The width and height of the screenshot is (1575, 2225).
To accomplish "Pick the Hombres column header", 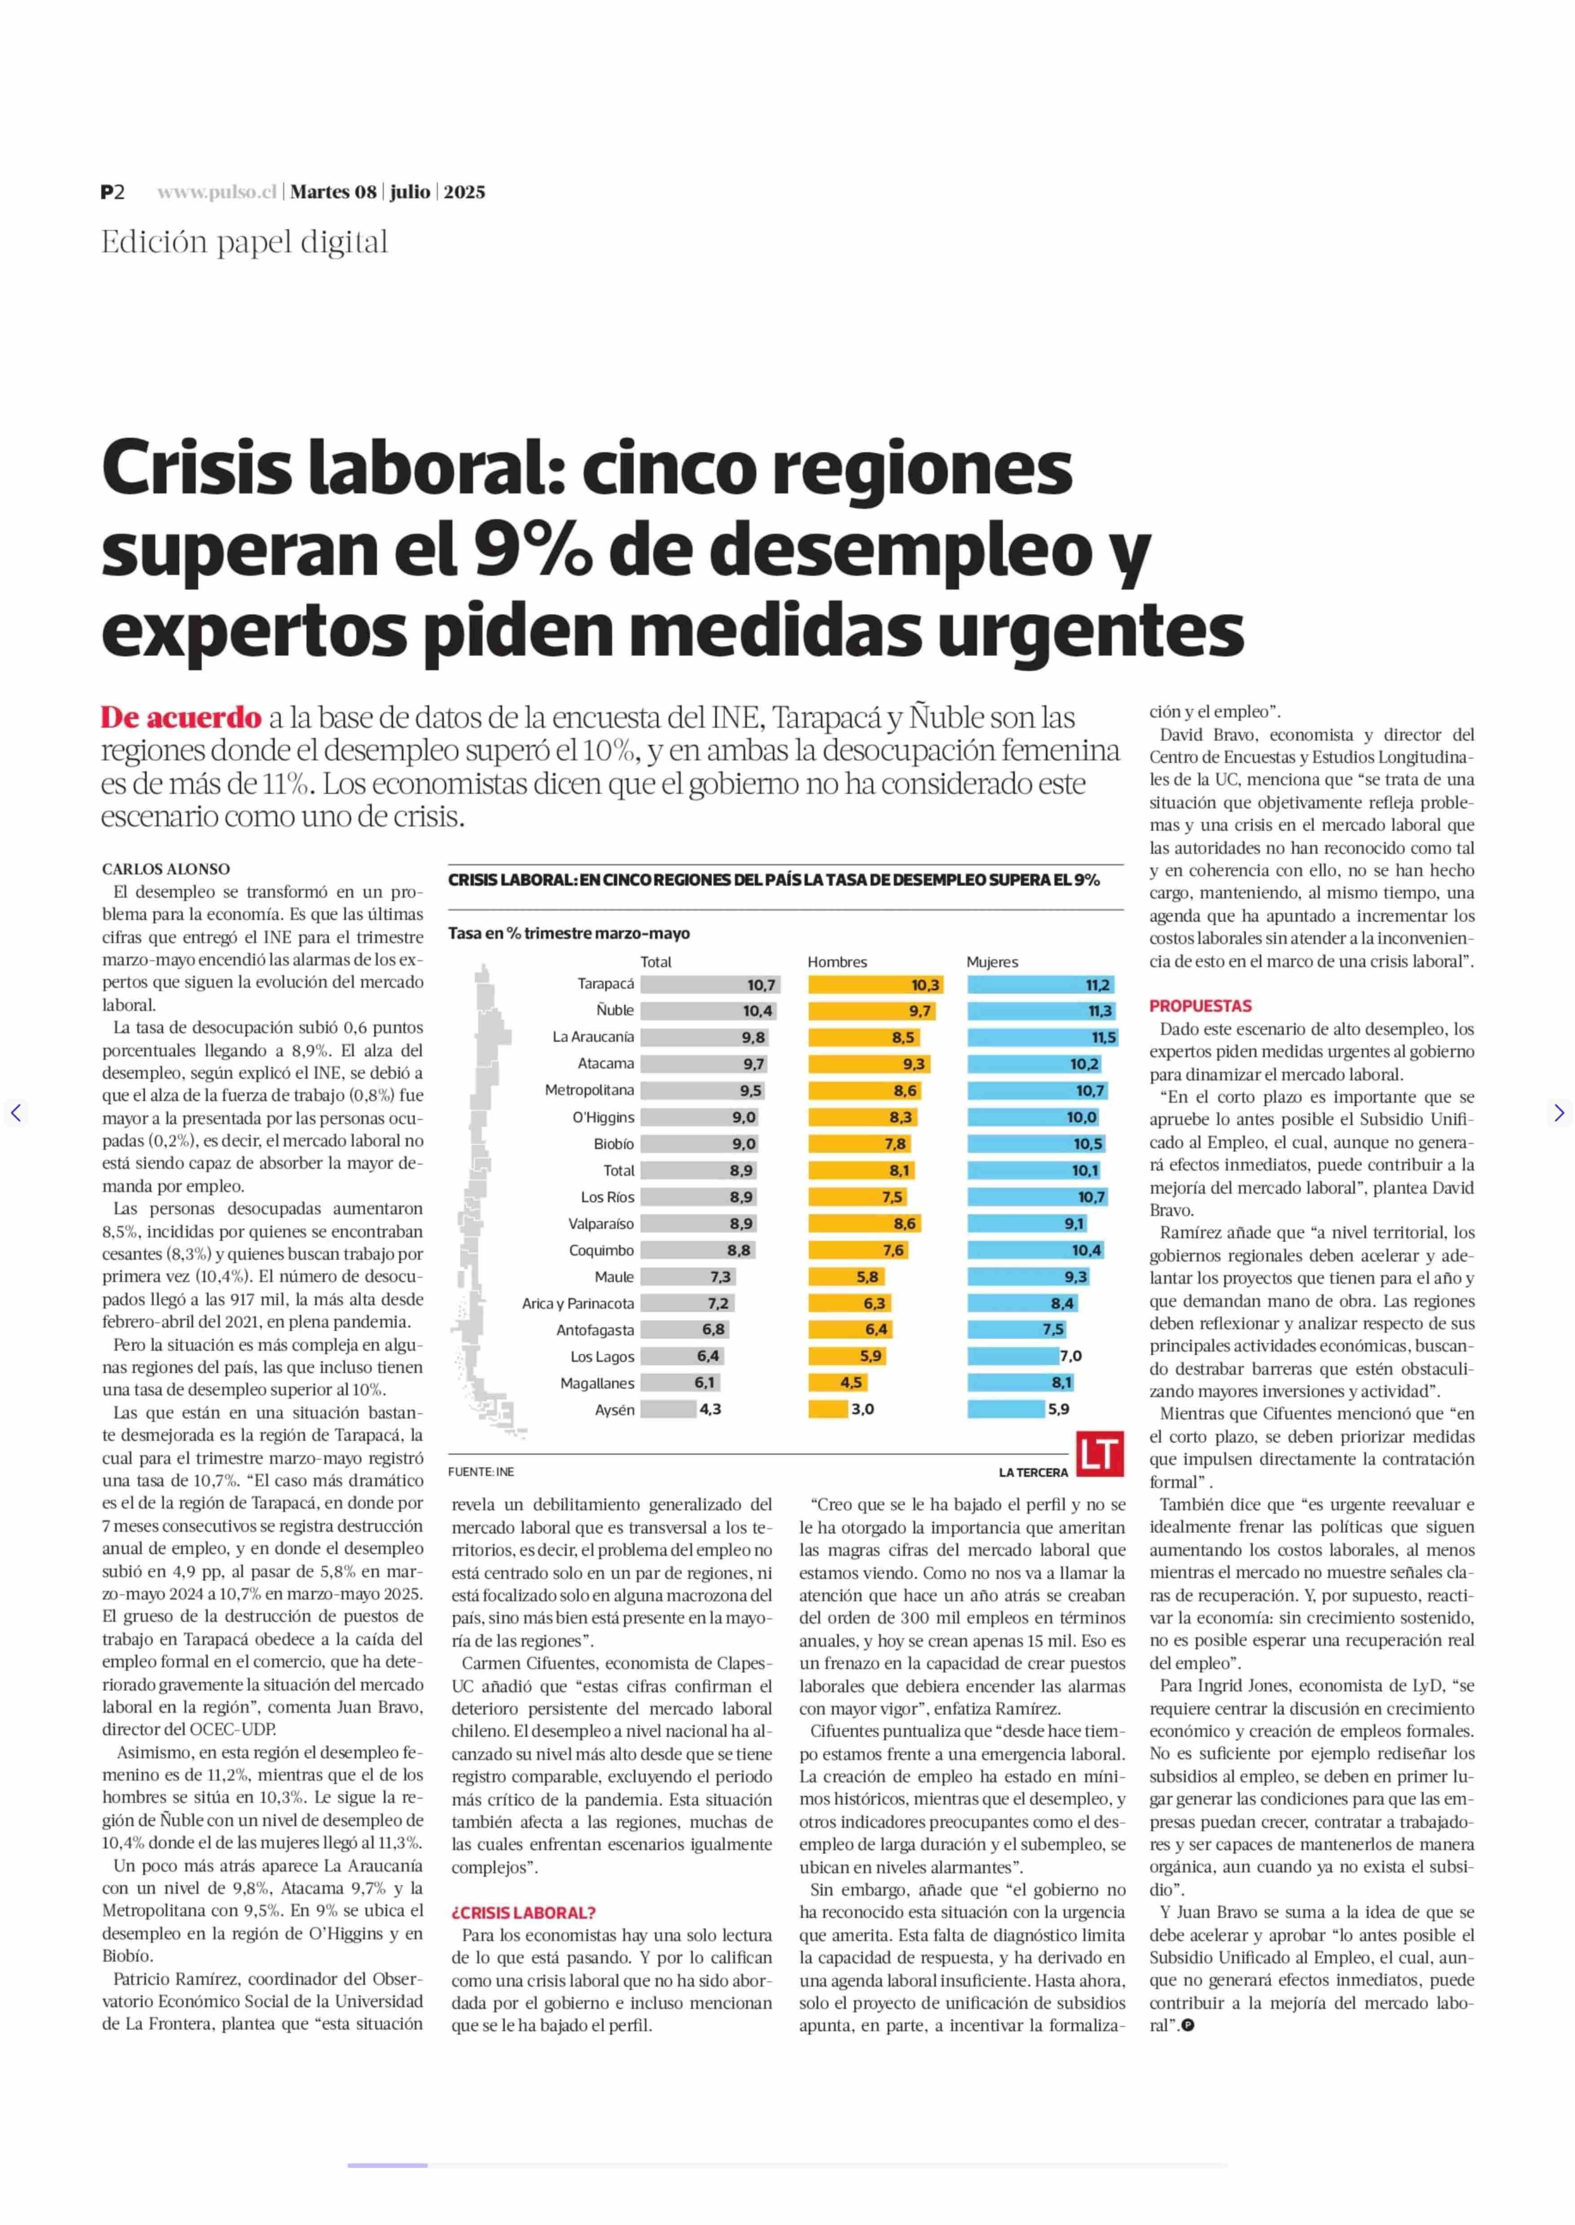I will [x=837, y=962].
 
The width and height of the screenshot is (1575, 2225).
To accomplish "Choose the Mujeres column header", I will [x=992, y=962].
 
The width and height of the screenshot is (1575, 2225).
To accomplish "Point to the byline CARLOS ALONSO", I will [x=166, y=869].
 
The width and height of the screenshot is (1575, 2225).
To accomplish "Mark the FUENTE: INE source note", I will [x=481, y=1472].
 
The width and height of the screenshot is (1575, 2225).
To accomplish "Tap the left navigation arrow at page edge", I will [x=16, y=1113].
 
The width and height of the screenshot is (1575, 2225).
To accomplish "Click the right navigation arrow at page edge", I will [x=1558, y=1113].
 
